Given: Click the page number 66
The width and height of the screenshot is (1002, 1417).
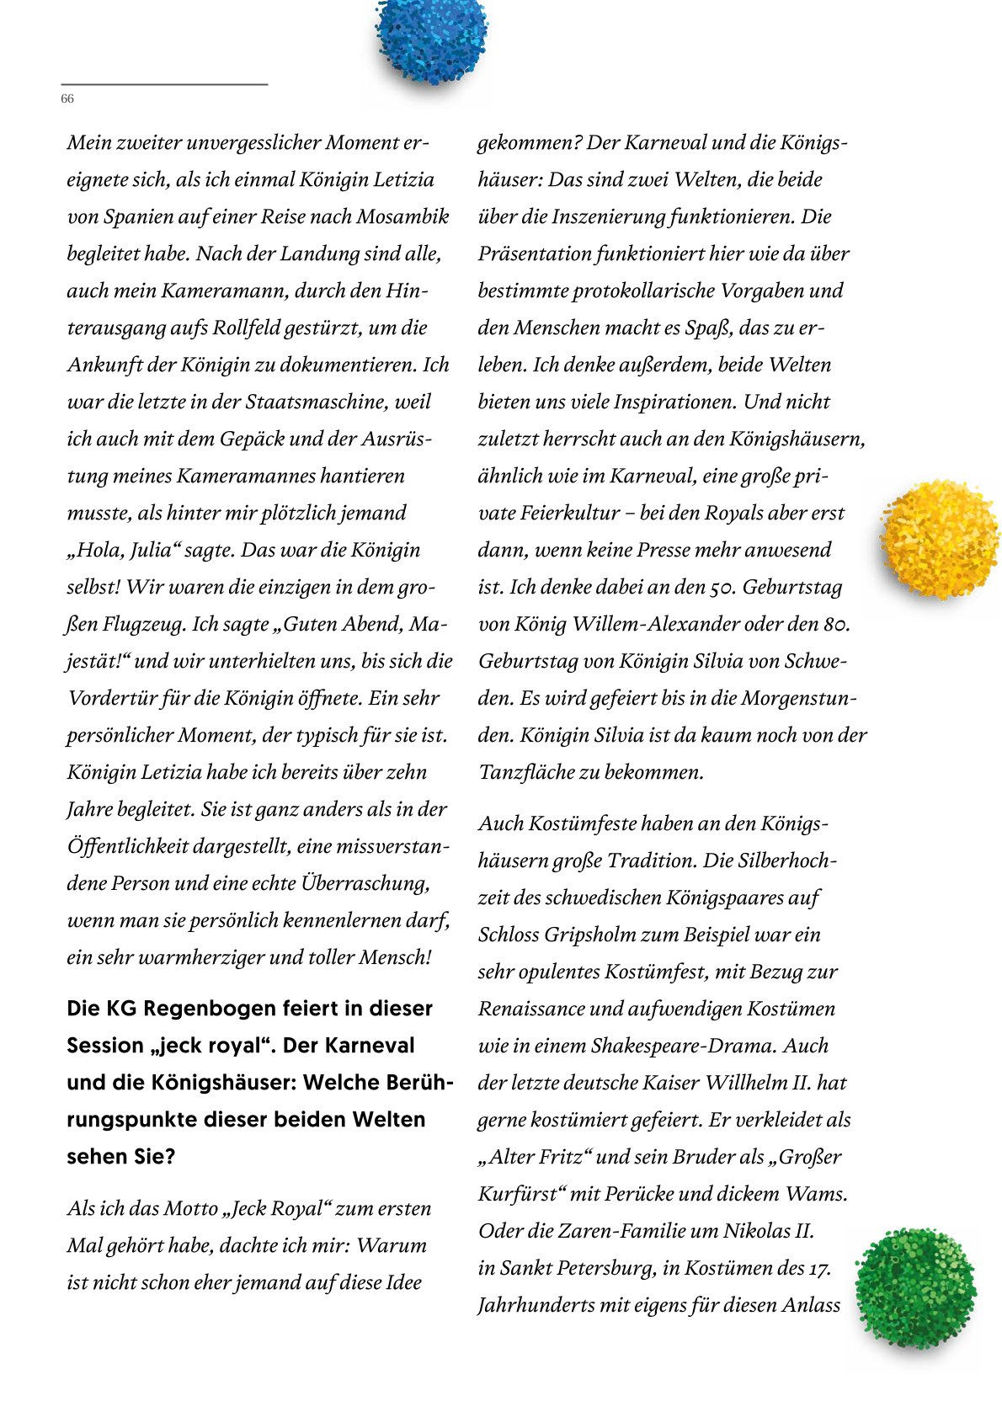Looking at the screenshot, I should coord(67,99).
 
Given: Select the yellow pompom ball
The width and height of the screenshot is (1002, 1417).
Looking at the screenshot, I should coord(939,539).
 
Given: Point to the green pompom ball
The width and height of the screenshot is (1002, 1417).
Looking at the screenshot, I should coord(915,1286).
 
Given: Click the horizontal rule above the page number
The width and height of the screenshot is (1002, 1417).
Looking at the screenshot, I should coord(164,84).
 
